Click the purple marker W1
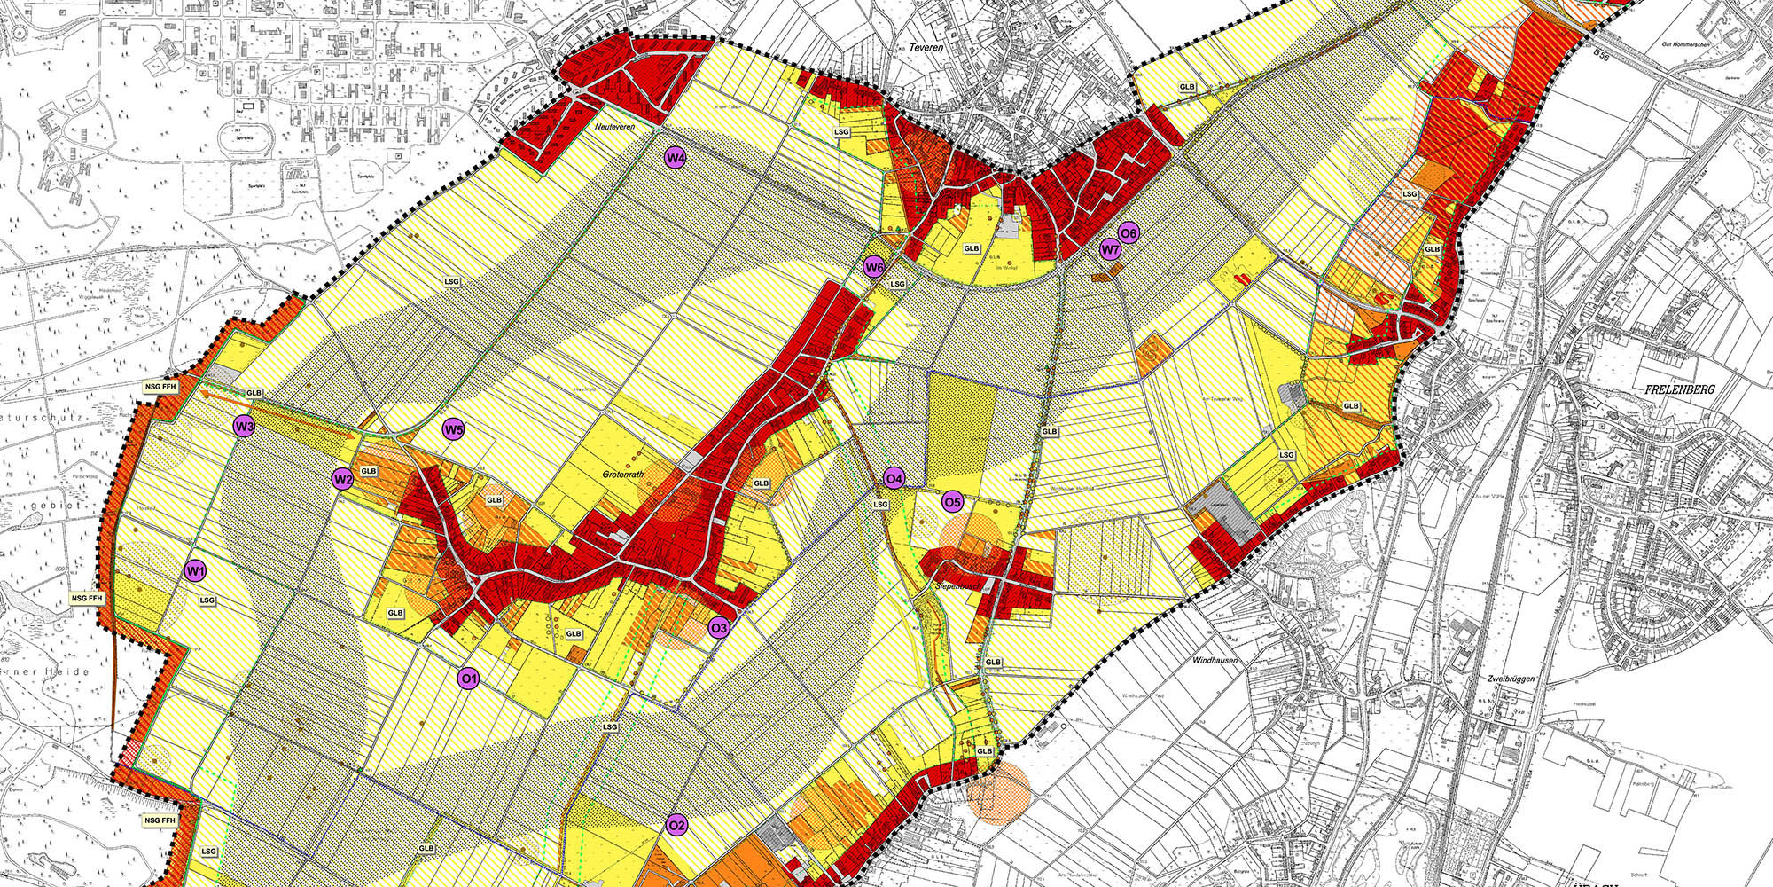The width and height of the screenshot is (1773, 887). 195,570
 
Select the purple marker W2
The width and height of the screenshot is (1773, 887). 343,480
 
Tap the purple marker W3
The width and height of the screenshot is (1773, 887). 245,427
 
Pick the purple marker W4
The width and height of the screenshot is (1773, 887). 676,158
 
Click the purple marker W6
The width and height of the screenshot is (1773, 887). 874,267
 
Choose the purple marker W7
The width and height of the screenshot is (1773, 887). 1110,249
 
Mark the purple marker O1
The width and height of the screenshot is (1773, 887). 468,679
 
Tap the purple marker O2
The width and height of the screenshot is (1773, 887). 676,826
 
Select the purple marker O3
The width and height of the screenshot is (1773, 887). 719,628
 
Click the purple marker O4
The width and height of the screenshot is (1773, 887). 894,480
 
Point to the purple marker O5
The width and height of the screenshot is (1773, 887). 952,502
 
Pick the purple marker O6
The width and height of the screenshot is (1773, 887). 1129,233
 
